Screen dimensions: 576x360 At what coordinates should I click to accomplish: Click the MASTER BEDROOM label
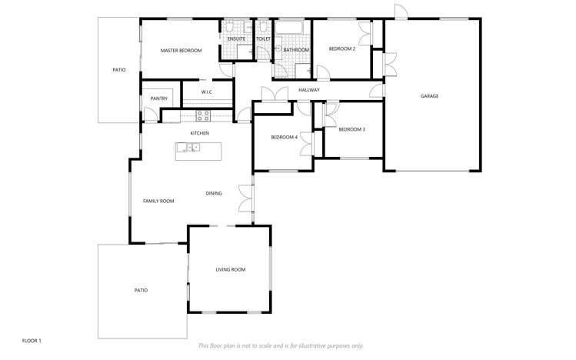[181, 51]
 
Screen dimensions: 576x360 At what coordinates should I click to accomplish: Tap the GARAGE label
[429, 96]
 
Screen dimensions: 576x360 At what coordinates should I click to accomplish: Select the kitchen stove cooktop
[203, 115]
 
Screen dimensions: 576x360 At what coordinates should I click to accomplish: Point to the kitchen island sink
[188, 148]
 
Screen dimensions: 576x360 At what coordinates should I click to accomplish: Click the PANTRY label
[159, 98]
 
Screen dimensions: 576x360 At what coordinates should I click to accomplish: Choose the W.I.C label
[207, 92]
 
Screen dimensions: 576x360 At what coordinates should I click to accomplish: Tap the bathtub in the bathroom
[288, 27]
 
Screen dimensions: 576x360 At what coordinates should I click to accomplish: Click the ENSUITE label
[236, 39]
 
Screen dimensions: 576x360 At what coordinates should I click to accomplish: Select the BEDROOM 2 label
[342, 49]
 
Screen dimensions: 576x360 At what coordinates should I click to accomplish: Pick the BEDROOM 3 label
[352, 130]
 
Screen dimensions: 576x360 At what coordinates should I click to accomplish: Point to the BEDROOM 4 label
[285, 138]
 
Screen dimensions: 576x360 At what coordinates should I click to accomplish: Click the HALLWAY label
[309, 90]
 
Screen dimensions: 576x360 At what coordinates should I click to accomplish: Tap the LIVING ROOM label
[231, 270]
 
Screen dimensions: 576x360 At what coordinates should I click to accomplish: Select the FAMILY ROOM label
[158, 202]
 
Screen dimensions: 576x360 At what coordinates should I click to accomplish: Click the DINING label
[214, 193]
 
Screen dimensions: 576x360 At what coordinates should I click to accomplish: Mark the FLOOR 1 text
[32, 341]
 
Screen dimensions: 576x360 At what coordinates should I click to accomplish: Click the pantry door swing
[151, 115]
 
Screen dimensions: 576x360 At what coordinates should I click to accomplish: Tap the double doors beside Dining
[246, 198]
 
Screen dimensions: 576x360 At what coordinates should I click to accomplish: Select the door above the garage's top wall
[401, 11]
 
